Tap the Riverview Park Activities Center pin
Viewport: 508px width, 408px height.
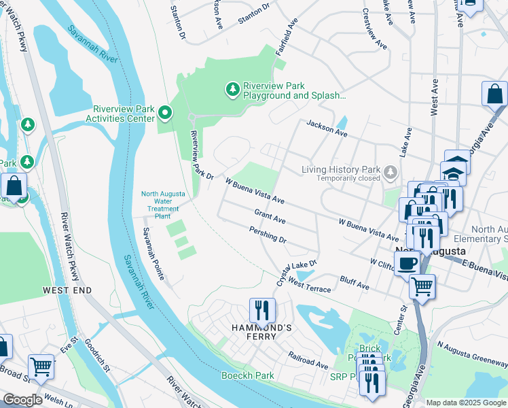164,112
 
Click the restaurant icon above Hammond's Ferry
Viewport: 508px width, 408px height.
261,310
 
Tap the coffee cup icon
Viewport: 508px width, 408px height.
407,262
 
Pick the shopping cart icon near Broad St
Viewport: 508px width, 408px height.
41,367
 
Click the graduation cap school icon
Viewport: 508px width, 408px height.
454,171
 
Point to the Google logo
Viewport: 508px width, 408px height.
23,400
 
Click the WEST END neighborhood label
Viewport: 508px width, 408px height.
67,290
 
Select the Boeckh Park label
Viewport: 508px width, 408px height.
247,375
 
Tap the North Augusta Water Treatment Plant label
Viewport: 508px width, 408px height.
162,205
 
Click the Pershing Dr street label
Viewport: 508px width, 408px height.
268,240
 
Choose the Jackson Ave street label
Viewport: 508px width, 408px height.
327,129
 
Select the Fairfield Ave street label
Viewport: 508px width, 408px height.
287,41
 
